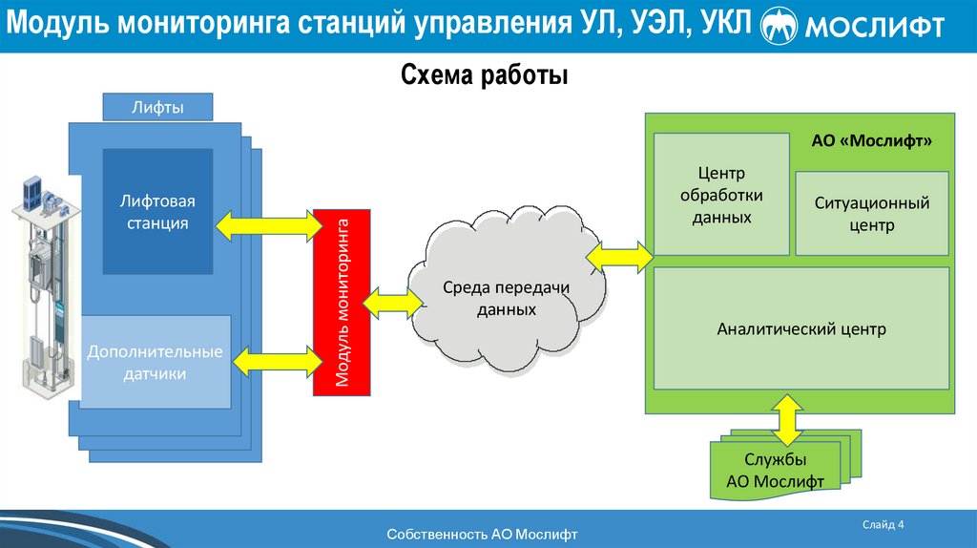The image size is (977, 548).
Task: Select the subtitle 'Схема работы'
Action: pos(484,74)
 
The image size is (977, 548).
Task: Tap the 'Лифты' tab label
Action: pos(157,106)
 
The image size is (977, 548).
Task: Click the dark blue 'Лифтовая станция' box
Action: pos(157,211)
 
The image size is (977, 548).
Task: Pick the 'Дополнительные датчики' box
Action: pos(155,363)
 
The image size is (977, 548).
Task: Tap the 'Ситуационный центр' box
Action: pos(872,214)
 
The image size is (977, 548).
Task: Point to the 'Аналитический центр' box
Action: pos(801,329)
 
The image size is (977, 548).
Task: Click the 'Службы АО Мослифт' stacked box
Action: pos(775,471)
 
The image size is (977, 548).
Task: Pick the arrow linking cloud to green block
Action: pos(620,256)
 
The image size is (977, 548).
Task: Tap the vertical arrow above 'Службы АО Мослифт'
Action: pos(788,418)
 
